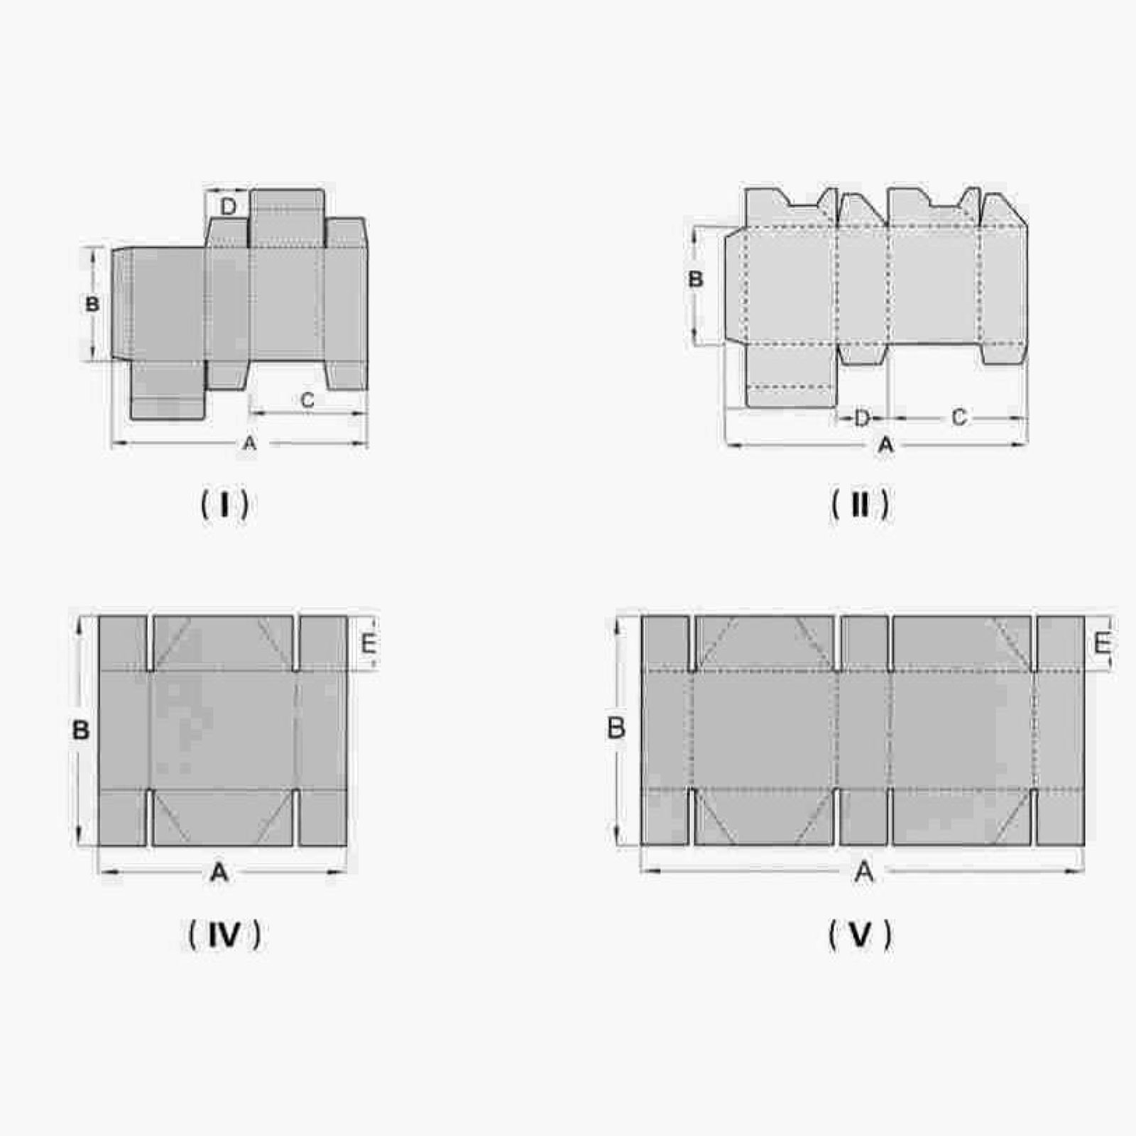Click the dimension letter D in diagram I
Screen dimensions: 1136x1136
228,207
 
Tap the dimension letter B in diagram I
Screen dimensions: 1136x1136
92,305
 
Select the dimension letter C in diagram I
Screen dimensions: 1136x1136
307,400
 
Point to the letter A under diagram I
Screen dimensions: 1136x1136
249,444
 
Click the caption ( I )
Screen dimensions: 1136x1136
225,505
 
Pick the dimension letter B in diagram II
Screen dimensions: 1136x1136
696,279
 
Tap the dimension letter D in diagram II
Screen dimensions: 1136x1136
861,418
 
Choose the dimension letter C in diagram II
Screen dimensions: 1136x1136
958,417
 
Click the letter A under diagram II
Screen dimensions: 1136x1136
885,445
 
